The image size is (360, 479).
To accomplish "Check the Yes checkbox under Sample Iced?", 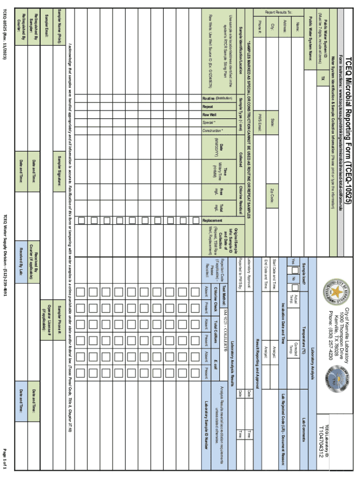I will tap(295, 270).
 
